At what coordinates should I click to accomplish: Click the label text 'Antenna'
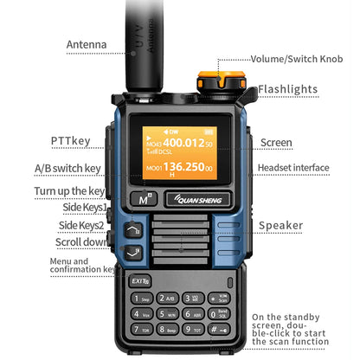[x=87, y=44]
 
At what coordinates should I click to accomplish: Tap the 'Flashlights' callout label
[x=288, y=89]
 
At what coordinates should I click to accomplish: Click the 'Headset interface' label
[x=292, y=168]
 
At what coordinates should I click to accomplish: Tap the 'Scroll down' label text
[x=80, y=241]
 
